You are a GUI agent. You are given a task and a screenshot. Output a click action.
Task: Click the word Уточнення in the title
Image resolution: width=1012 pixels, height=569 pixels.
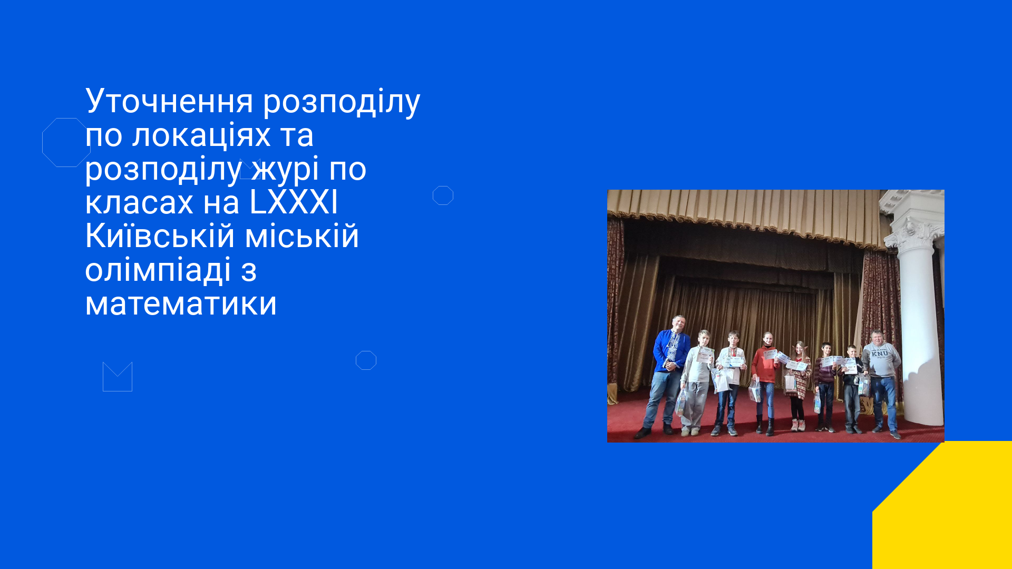tap(169, 101)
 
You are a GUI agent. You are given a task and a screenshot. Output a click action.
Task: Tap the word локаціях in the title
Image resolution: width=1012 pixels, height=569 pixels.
tap(201, 135)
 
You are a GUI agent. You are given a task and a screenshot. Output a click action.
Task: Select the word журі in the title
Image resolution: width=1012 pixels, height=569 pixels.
tap(285, 170)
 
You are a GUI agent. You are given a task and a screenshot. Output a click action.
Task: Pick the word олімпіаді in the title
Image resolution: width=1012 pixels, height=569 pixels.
tap(158, 270)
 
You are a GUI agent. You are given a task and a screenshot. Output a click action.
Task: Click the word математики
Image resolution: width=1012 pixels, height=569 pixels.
tap(181, 304)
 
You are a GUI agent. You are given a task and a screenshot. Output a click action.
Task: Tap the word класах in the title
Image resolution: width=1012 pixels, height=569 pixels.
tap(139, 202)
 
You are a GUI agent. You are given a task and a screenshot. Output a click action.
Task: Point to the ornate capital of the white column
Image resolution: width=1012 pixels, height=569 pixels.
tap(916, 232)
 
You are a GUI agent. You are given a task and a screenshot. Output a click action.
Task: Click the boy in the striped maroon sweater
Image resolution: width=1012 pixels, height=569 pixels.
tap(825, 387)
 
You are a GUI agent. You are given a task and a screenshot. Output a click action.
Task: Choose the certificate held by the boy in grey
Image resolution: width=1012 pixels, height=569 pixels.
tap(705, 355)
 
